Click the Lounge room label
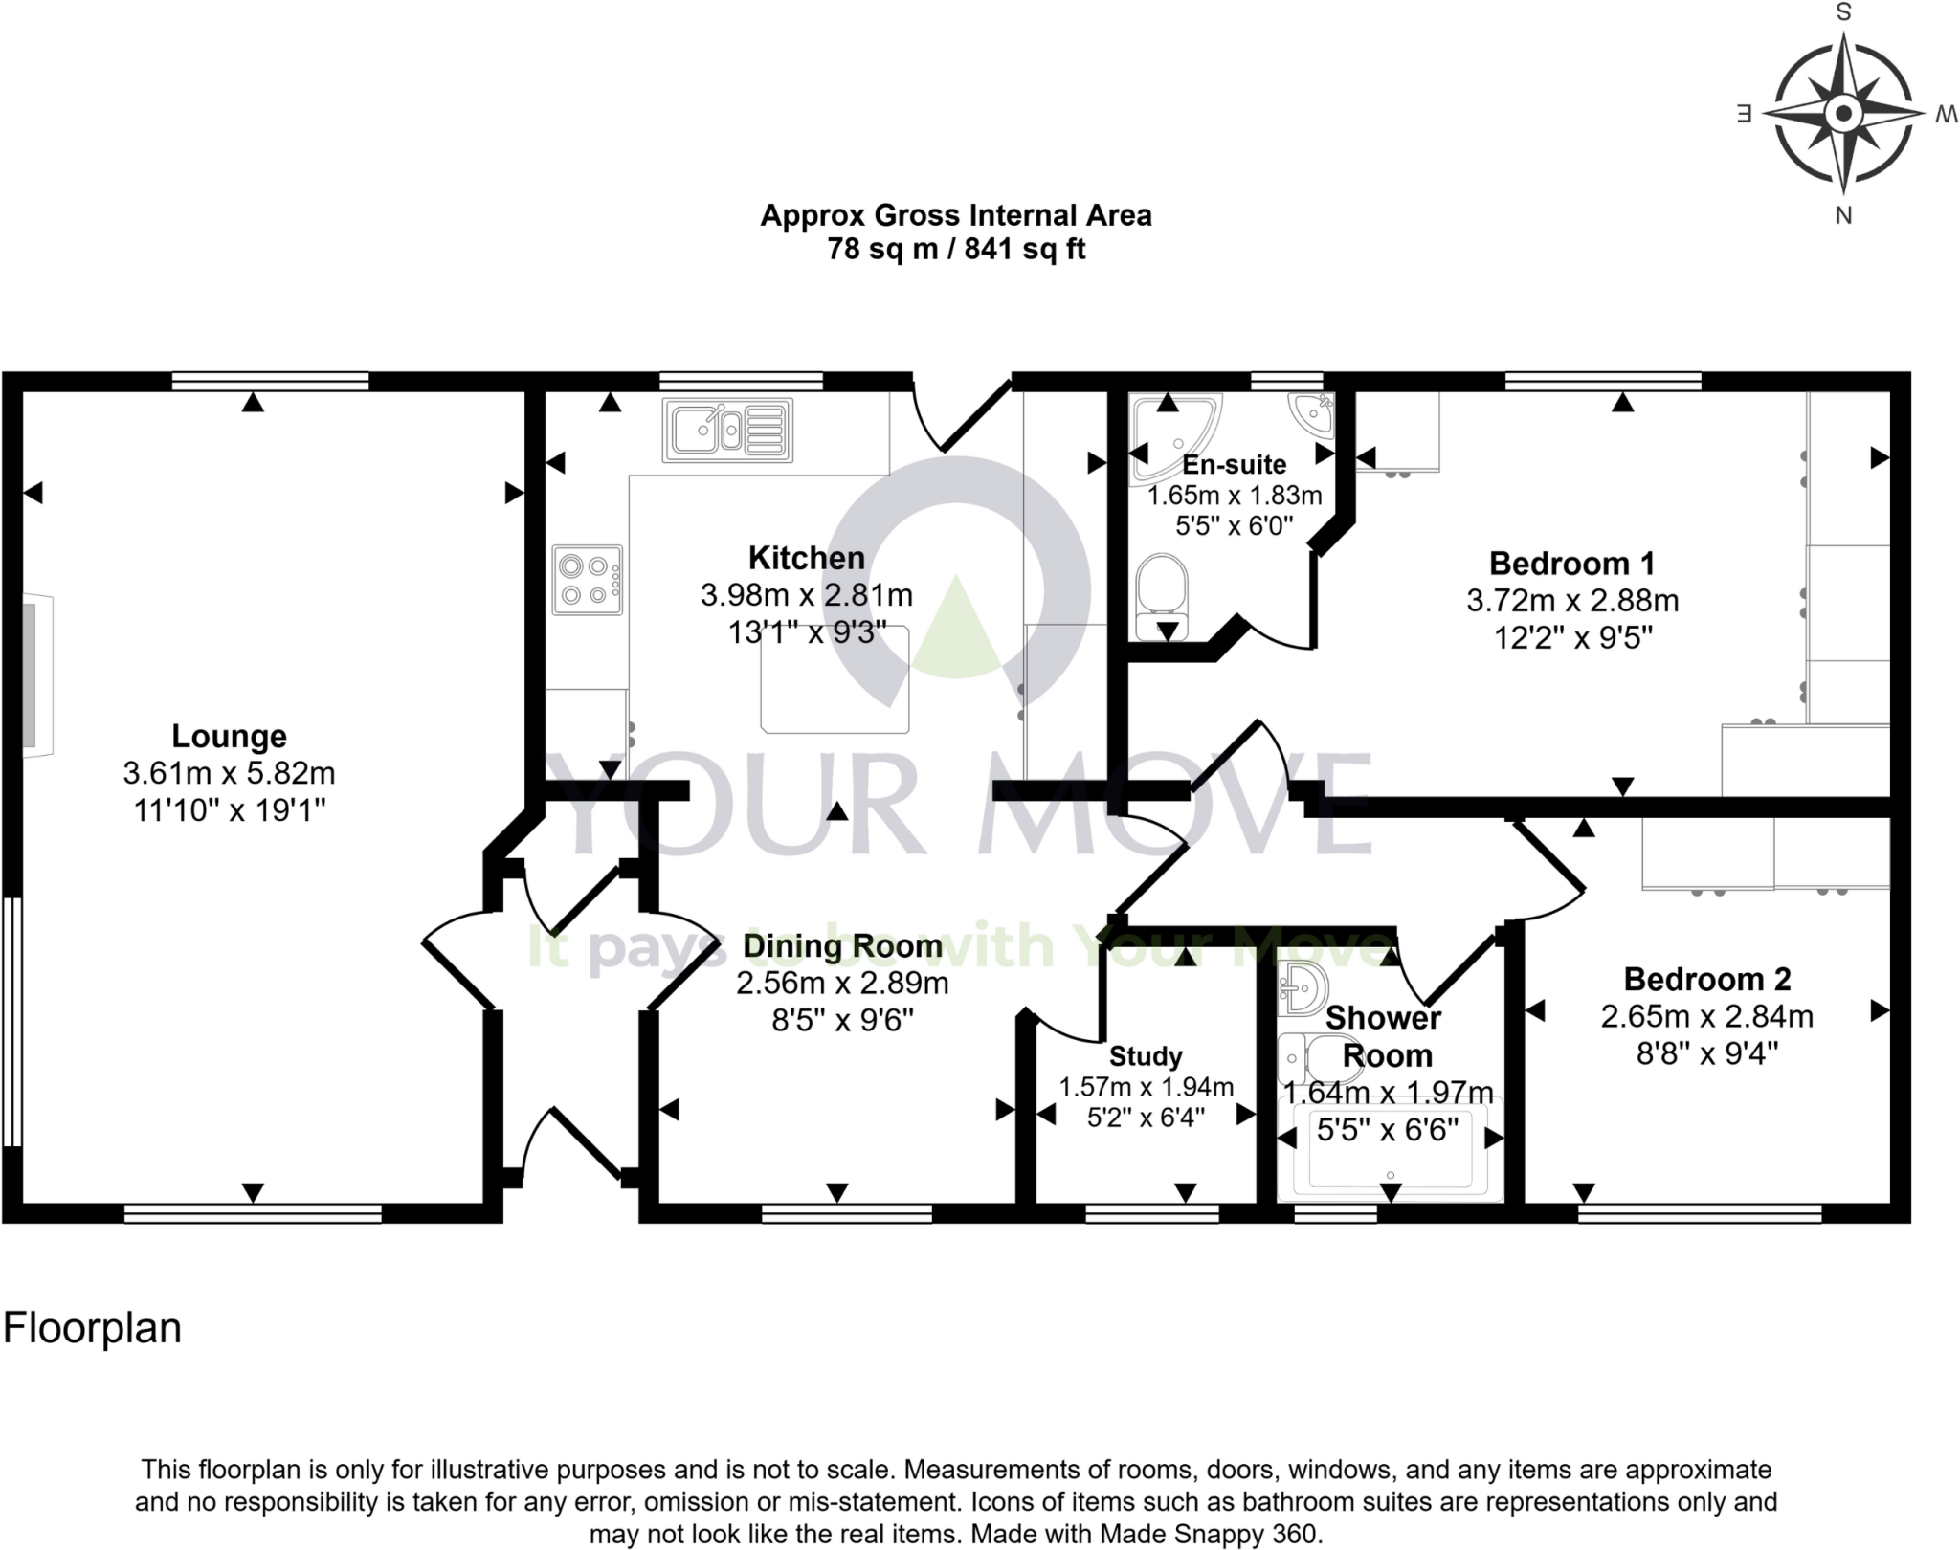coord(229,736)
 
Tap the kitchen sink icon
coord(727,430)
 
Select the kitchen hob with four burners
coord(587,580)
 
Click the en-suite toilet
coord(1162,590)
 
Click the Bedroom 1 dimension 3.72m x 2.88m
coord(1572,601)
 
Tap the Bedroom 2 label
coord(1706,979)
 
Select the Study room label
coord(1146,1056)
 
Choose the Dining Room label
coord(842,946)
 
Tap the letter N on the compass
coord(1843,215)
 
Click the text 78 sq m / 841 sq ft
coord(955,250)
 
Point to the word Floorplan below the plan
coord(92,1329)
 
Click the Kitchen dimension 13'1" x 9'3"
coord(807,632)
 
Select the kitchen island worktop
coord(835,684)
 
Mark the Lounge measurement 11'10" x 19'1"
coord(229,810)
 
